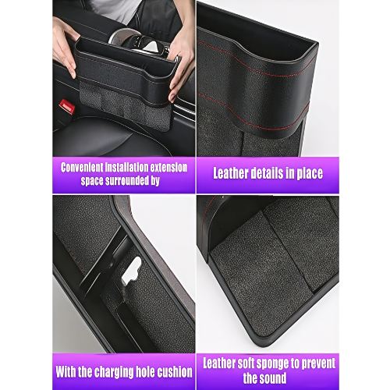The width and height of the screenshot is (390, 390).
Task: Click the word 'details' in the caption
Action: (269, 173)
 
